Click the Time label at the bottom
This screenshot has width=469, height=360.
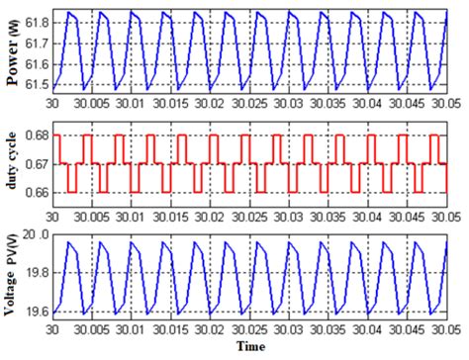coord(249,349)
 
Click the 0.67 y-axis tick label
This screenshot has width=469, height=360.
coord(36,163)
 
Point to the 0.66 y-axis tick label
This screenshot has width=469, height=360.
coord(36,191)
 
